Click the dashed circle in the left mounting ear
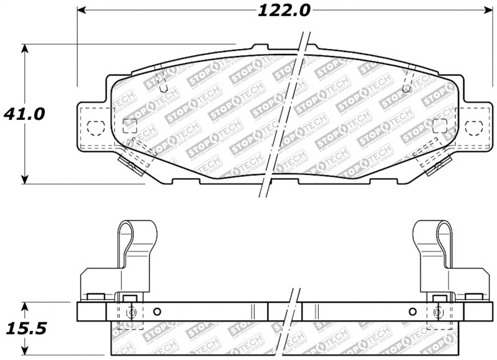pyautogui.click(x=94, y=128)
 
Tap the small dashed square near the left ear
pyautogui.click(x=130, y=125)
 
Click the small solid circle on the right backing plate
pyautogui.click(x=412, y=312)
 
